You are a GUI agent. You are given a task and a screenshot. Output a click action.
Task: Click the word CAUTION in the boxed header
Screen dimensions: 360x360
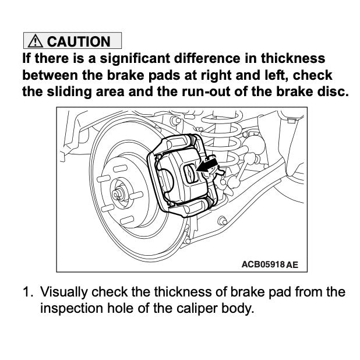(x=78, y=41)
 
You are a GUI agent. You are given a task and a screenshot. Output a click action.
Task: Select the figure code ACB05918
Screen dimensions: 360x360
(x=262, y=264)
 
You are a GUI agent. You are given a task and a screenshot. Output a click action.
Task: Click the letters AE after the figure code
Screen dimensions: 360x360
(x=292, y=264)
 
